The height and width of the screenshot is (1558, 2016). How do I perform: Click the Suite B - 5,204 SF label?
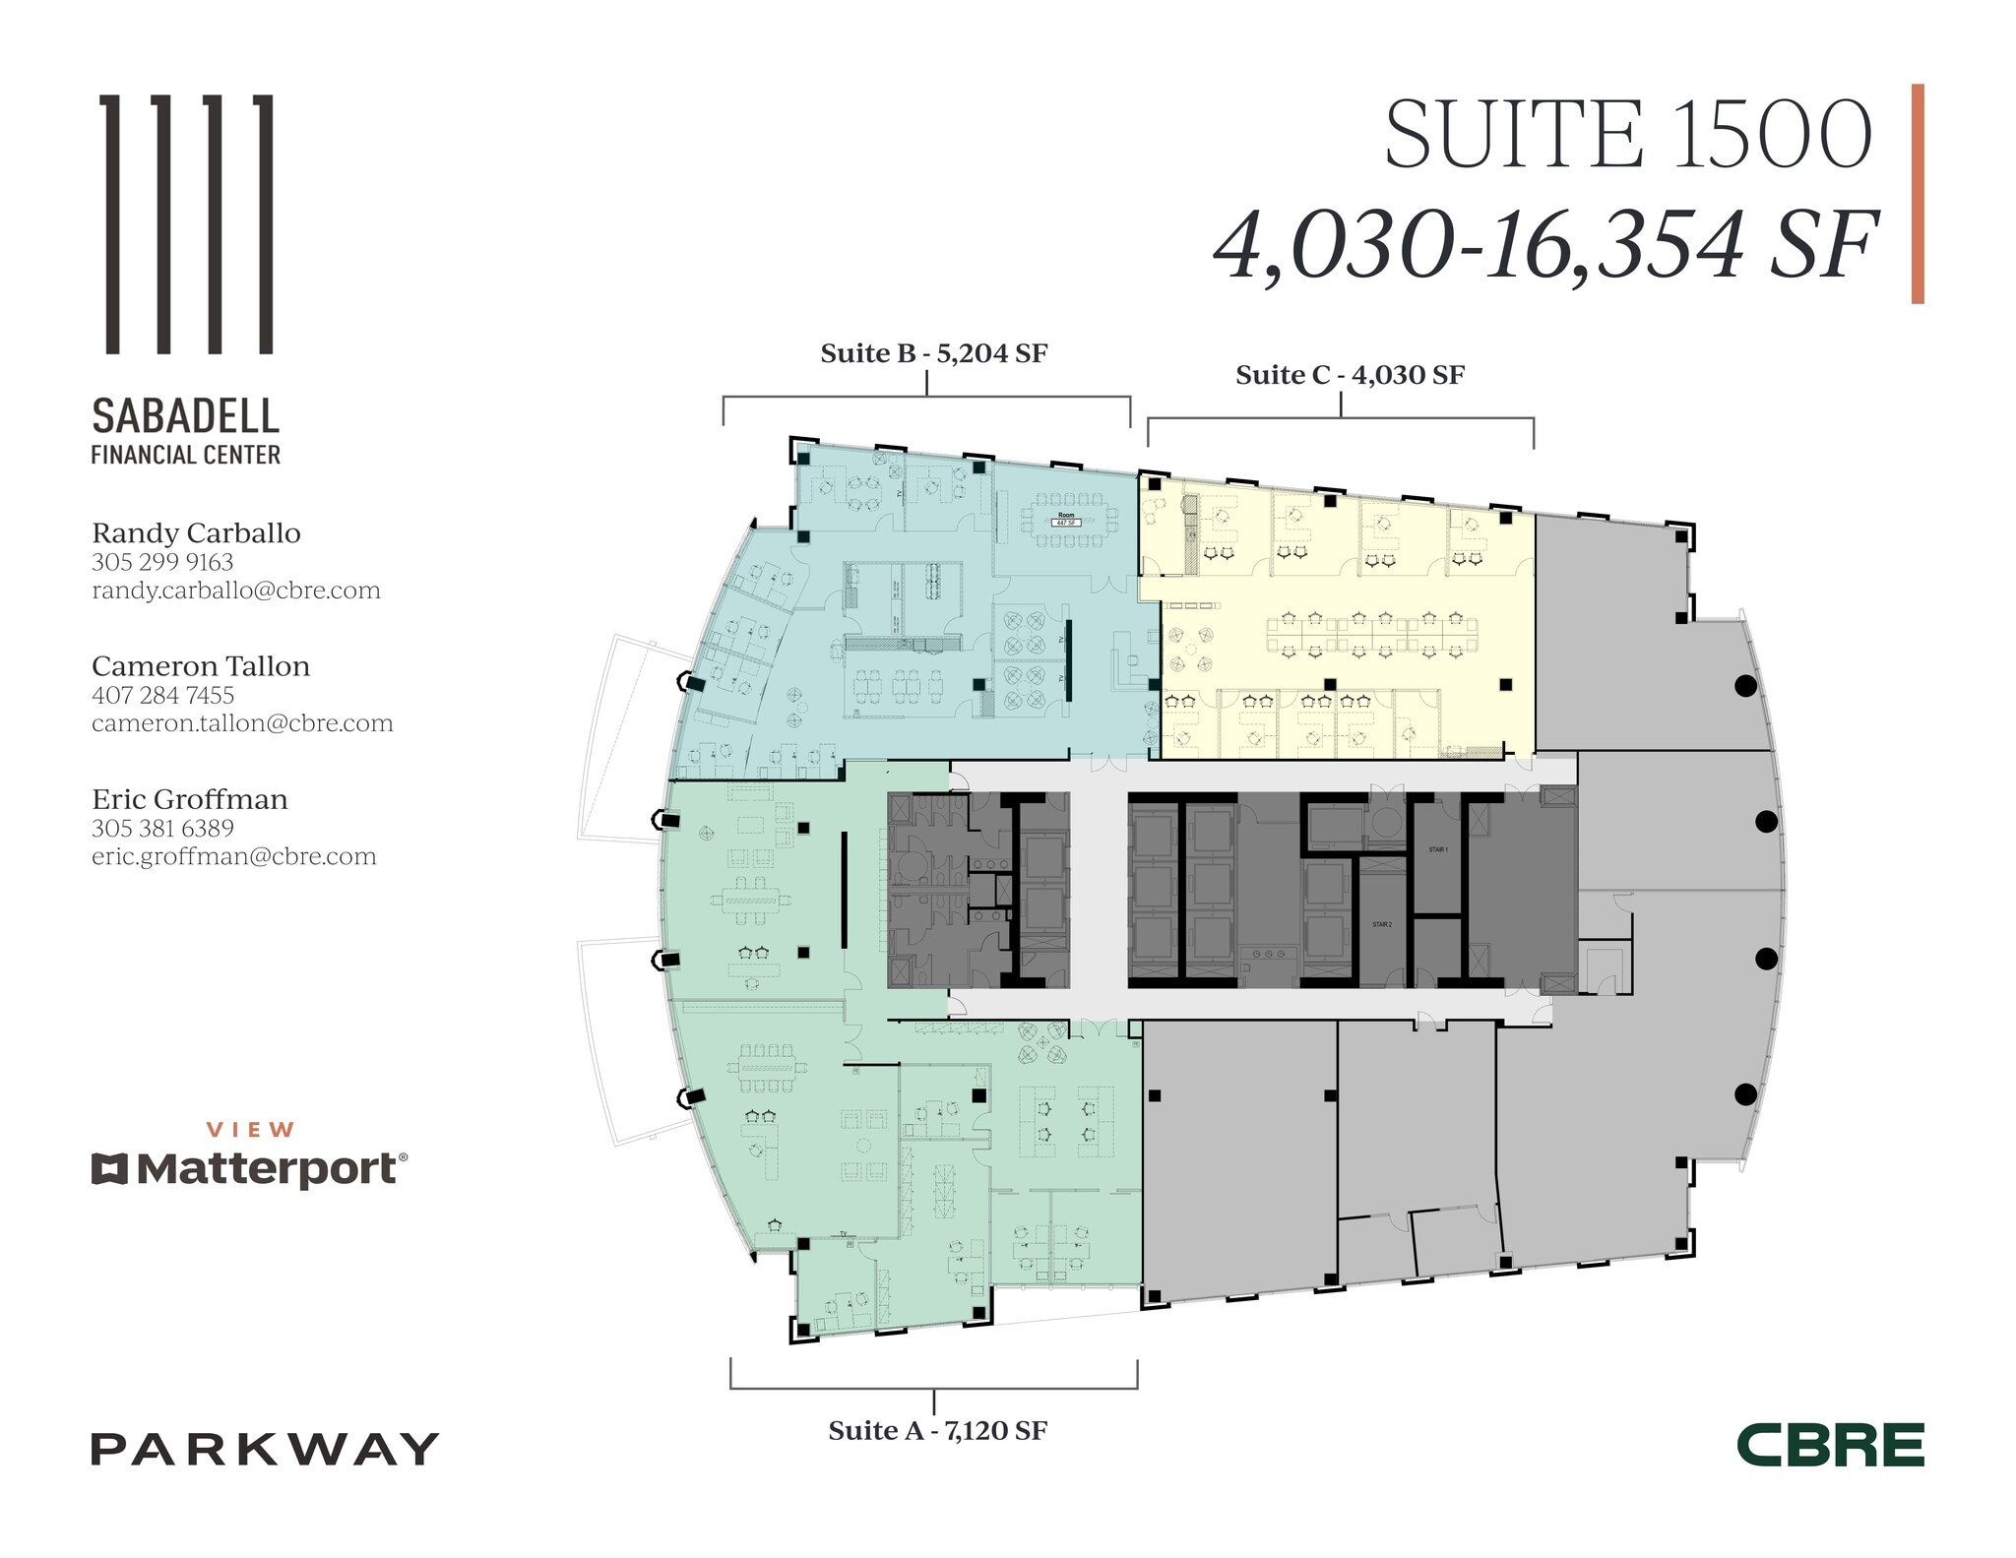pos(933,353)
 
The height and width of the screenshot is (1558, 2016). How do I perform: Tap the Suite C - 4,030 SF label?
pos(1350,375)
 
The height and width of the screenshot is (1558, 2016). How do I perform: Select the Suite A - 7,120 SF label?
pos(937,1430)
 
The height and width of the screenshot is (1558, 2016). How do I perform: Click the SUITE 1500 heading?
pos(1627,136)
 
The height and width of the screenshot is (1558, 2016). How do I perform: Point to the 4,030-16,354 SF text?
pos(1545,246)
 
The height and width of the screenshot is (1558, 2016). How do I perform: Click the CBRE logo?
pos(1830,1445)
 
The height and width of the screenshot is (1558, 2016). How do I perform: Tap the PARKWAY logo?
pos(265,1449)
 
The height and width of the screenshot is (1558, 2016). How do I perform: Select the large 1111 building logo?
pos(188,223)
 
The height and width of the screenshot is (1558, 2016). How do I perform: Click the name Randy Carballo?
pos(196,533)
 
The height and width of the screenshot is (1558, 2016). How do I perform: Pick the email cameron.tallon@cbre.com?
pos(242,723)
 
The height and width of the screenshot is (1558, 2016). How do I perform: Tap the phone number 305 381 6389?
pos(162,829)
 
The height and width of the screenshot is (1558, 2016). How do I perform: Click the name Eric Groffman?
pos(190,799)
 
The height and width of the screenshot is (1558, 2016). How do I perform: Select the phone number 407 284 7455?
pos(162,695)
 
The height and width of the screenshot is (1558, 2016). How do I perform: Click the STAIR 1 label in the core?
pos(1437,849)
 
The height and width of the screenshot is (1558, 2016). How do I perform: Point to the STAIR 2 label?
pos(1382,925)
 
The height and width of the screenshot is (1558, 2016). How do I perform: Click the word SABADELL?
pos(186,416)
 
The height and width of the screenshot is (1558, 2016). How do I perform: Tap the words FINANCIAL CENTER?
pos(186,455)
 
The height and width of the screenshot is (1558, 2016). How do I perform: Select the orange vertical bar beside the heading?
pos(1918,193)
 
